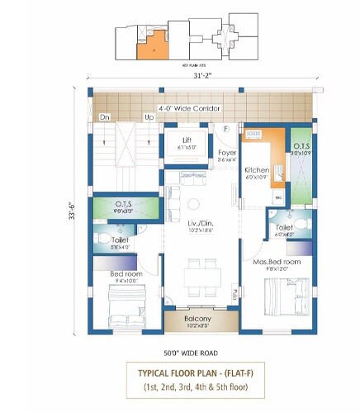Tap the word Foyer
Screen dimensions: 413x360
(x=227, y=153)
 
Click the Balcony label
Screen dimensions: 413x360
(x=198, y=318)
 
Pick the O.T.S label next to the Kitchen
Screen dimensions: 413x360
(x=299, y=147)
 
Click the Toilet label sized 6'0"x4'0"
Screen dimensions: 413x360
(x=283, y=227)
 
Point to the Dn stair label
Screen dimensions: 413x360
(x=105, y=117)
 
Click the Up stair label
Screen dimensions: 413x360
(x=149, y=117)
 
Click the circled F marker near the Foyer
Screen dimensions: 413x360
(x=225, y=128)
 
